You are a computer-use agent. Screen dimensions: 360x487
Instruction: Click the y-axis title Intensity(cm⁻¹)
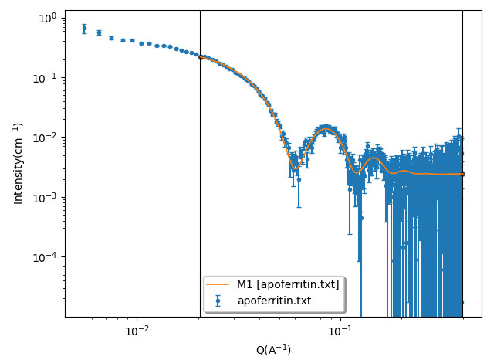[x=18, y=163]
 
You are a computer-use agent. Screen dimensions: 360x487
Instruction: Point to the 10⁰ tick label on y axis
[x=47, y=18]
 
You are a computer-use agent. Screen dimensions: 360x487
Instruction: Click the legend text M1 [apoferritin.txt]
[x=288, y=284]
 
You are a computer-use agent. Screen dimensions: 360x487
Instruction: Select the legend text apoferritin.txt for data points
[x=274, y=301]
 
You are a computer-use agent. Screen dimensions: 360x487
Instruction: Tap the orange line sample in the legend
[x=220, y=284]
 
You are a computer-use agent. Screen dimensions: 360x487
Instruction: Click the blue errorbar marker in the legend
[x=220, y=301]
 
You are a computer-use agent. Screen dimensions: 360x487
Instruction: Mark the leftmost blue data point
[x=84, y=29]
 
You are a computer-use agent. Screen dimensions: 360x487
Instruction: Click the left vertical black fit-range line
[x=201, y=193]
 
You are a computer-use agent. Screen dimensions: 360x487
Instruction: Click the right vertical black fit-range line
[x=462, y=93]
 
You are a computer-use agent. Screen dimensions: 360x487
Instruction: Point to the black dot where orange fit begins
[x=201, y=57]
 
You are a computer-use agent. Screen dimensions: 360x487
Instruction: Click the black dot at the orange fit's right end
[x=462, y=174]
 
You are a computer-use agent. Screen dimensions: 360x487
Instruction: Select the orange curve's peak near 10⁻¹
[x=327, y=129]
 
